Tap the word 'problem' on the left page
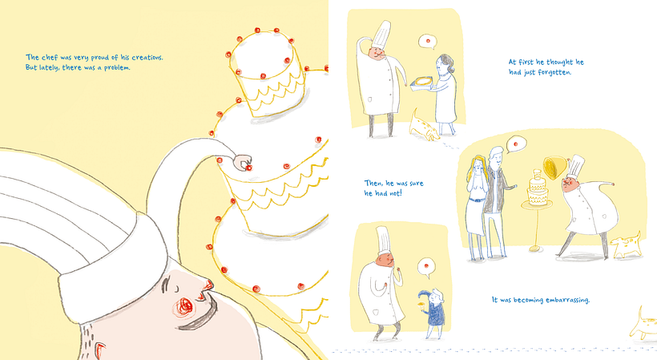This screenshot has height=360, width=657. pyautogui.click(x=117, y=67)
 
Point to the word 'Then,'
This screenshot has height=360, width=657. pyautogui.click(x=373, y=183)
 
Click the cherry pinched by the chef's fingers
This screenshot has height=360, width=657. pyautogui.click(x=248, y=168)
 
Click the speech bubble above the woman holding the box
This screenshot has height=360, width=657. pyautogui.click(x=428, y=42)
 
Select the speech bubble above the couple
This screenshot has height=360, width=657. pyautogui.click(x=515, y=144)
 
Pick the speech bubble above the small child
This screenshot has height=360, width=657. pyautogui.click(x=426, y=267)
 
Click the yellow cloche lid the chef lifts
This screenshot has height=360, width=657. pyautogui.click(x=554, y=168)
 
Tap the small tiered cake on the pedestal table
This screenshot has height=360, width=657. pyautogui.click(x=538, y=188)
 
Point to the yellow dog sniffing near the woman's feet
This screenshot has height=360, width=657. pyautogui.click(x=424, y=126)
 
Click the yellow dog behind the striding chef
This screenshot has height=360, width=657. pyautogui.click(x=627, y=245)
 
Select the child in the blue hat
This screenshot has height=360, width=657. pyautogui.click(x=433, y=311)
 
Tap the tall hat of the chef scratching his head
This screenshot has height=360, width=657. pyautogui.click(x=381, y=34)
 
